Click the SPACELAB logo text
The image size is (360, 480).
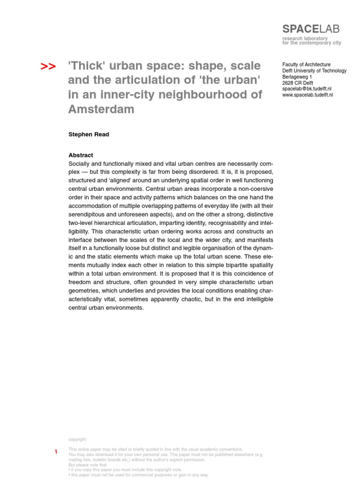point(311,29)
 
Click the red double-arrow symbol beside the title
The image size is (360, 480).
point(48,67)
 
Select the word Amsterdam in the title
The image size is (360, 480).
point(101,109)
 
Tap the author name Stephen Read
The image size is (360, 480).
point(89,134)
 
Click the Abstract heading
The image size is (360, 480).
point(81,155)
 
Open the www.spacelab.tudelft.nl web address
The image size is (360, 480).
point(307,94)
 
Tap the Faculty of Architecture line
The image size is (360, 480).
point(306,65)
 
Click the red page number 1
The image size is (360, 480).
point(56,452)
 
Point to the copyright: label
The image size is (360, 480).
point(78,439)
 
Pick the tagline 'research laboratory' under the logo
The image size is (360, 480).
point(305,38)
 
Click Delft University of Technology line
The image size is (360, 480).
point(314,71)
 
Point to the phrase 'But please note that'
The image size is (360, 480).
point(88,465)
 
